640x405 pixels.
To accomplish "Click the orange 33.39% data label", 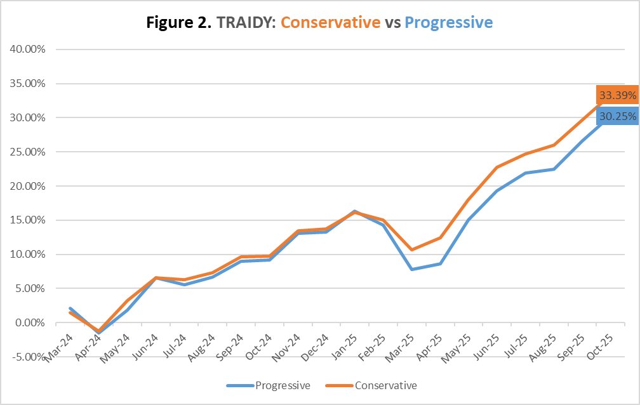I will [617, 95].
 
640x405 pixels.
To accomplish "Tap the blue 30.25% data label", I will [617, 117].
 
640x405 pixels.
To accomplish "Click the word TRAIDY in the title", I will [246, 23].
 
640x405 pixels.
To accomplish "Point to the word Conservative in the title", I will [330, 23].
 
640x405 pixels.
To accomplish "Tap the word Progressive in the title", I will [448, 23].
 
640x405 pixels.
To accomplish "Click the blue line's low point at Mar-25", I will [412, 269].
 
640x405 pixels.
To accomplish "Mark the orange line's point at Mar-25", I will [412, 249].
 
